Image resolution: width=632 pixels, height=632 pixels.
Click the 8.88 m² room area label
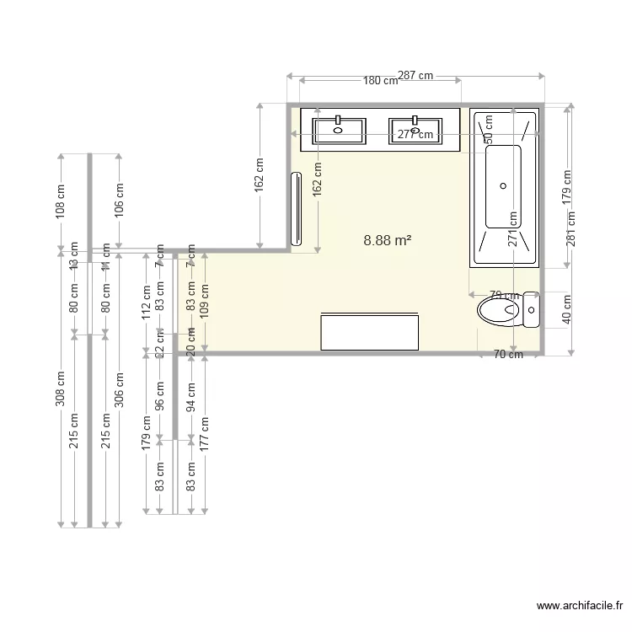tap(387, 240)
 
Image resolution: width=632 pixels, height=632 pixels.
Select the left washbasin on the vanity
tap(339, 131)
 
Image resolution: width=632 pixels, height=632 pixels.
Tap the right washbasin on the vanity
tap(415, 131)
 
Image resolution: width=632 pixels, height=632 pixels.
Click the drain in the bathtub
tap(504, 185)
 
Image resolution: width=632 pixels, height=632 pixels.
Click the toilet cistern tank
tap(531, 309)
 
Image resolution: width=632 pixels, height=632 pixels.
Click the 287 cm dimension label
tap(415, 76)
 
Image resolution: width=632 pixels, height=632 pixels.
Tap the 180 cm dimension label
tap(380, 82)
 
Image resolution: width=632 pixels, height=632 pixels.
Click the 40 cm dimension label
tap(566, 309)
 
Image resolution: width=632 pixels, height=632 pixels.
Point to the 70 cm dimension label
tap(508, 355)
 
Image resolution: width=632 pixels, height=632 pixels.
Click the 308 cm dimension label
tap(60, 389)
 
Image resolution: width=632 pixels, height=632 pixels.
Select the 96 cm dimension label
tap(160, 396)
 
